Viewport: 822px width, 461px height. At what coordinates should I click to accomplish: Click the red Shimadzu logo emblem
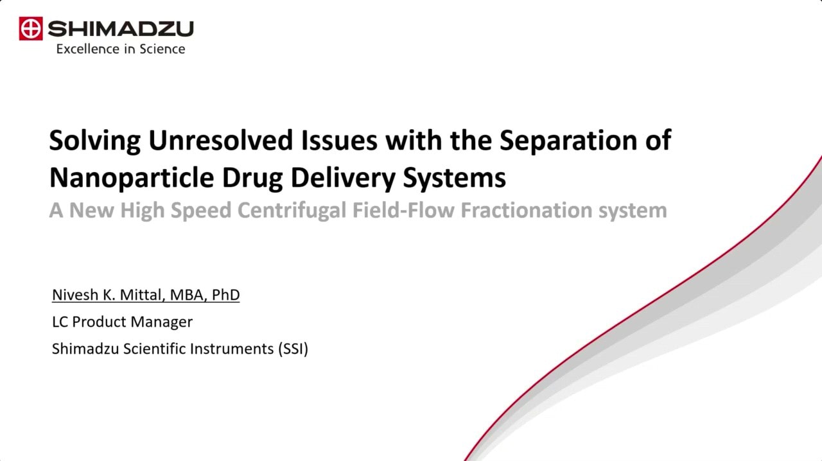(x=30, y=29)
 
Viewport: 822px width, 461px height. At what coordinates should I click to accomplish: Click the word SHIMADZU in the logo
(x=120, y=29)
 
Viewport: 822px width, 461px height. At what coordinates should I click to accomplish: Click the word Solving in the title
(x=94, y=140)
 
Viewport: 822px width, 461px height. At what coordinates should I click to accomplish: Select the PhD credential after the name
(x=225, y=295)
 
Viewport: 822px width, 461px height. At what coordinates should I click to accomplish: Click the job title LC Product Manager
(x=122, y=322)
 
